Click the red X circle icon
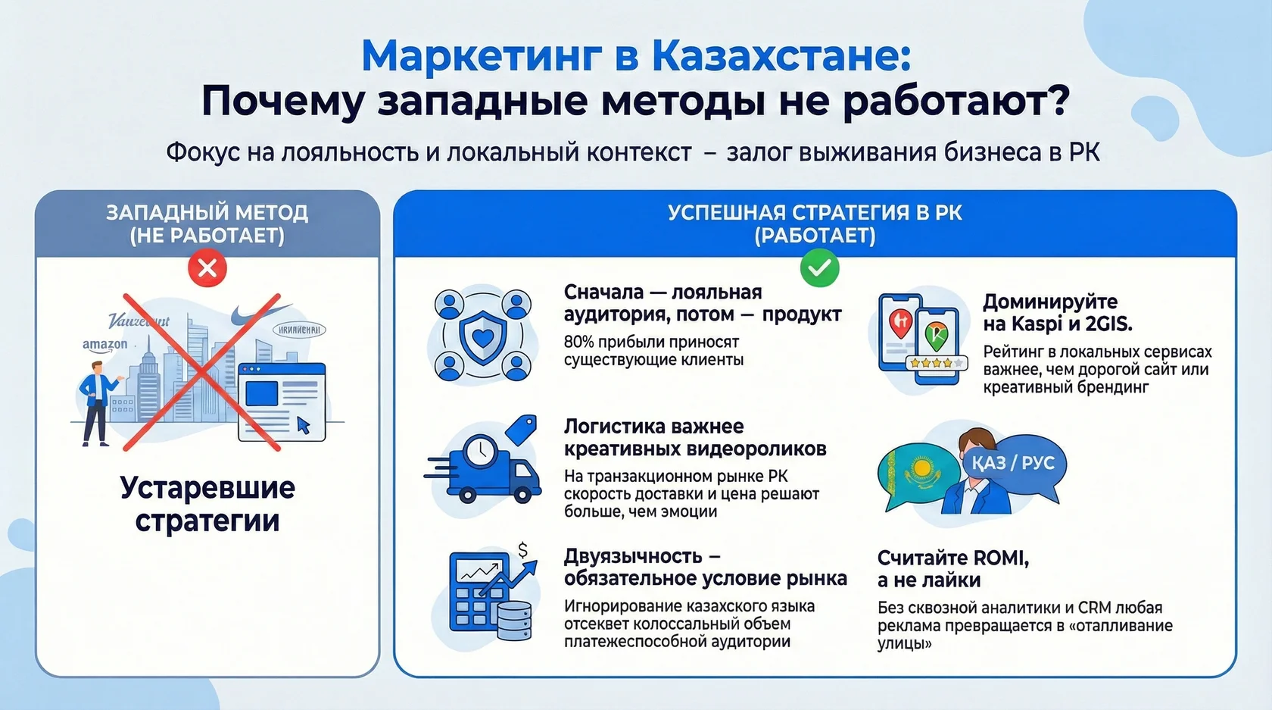[x=207, y=268]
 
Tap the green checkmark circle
[x=819, y=268]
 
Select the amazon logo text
[x=104, y=345]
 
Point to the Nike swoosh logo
[x=259, y=314]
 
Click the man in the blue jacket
[x=96, y=402]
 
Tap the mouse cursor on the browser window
[x=304, y=424]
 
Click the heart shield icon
[x=482, y=336]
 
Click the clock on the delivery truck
[x=480, y=452]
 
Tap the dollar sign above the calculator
[x=522, y=550]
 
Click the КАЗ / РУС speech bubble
[x=1013, y=463]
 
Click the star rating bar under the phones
[x=937, y=363]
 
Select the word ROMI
[x=1000, y=558]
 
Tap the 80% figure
[x=581, y=342]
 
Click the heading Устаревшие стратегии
[x=207, y=504]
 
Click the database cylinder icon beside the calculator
[x=514, y=620]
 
